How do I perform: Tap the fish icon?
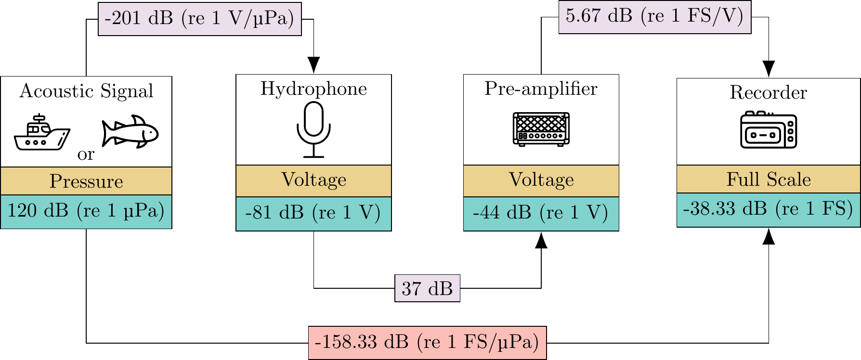[130, 131]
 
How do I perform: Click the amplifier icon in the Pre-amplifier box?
[541, 129]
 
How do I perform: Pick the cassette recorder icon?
[768, 129]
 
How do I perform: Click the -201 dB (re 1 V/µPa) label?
[199, 19]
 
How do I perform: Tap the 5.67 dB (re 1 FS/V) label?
[654, 16]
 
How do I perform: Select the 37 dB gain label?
[427, 288]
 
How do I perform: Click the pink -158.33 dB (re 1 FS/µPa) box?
[427, 343]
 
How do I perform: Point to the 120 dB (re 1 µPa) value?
[86, 211]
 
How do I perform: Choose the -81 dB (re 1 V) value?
[313, 213]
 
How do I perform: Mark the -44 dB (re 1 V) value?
[541, 213]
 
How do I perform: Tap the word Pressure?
[86, 181]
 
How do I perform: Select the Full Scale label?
[768, 180]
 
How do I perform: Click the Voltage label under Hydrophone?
[313, 180]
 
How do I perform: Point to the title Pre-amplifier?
[541, 89]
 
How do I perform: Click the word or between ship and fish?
[86, 154]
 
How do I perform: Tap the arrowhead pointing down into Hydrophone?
[313, 64]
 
